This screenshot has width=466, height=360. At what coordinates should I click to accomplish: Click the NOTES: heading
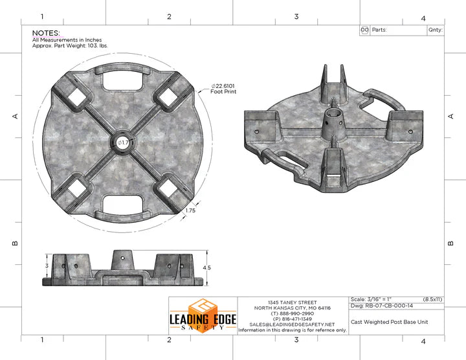point(46,32)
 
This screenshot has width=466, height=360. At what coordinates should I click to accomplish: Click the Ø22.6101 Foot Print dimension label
point(223,89)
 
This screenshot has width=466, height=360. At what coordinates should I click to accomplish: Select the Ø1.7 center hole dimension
point(124,142)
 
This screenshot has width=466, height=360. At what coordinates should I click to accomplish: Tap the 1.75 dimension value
point(190,210)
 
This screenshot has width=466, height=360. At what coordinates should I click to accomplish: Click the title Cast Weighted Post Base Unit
point(388,322)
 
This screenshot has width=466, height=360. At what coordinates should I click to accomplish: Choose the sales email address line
point(293,324)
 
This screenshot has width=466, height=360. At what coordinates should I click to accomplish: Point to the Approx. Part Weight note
point(69,46)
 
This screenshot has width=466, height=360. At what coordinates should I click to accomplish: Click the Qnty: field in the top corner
point(434,30)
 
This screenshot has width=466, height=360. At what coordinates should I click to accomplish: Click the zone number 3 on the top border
point(296,17)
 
